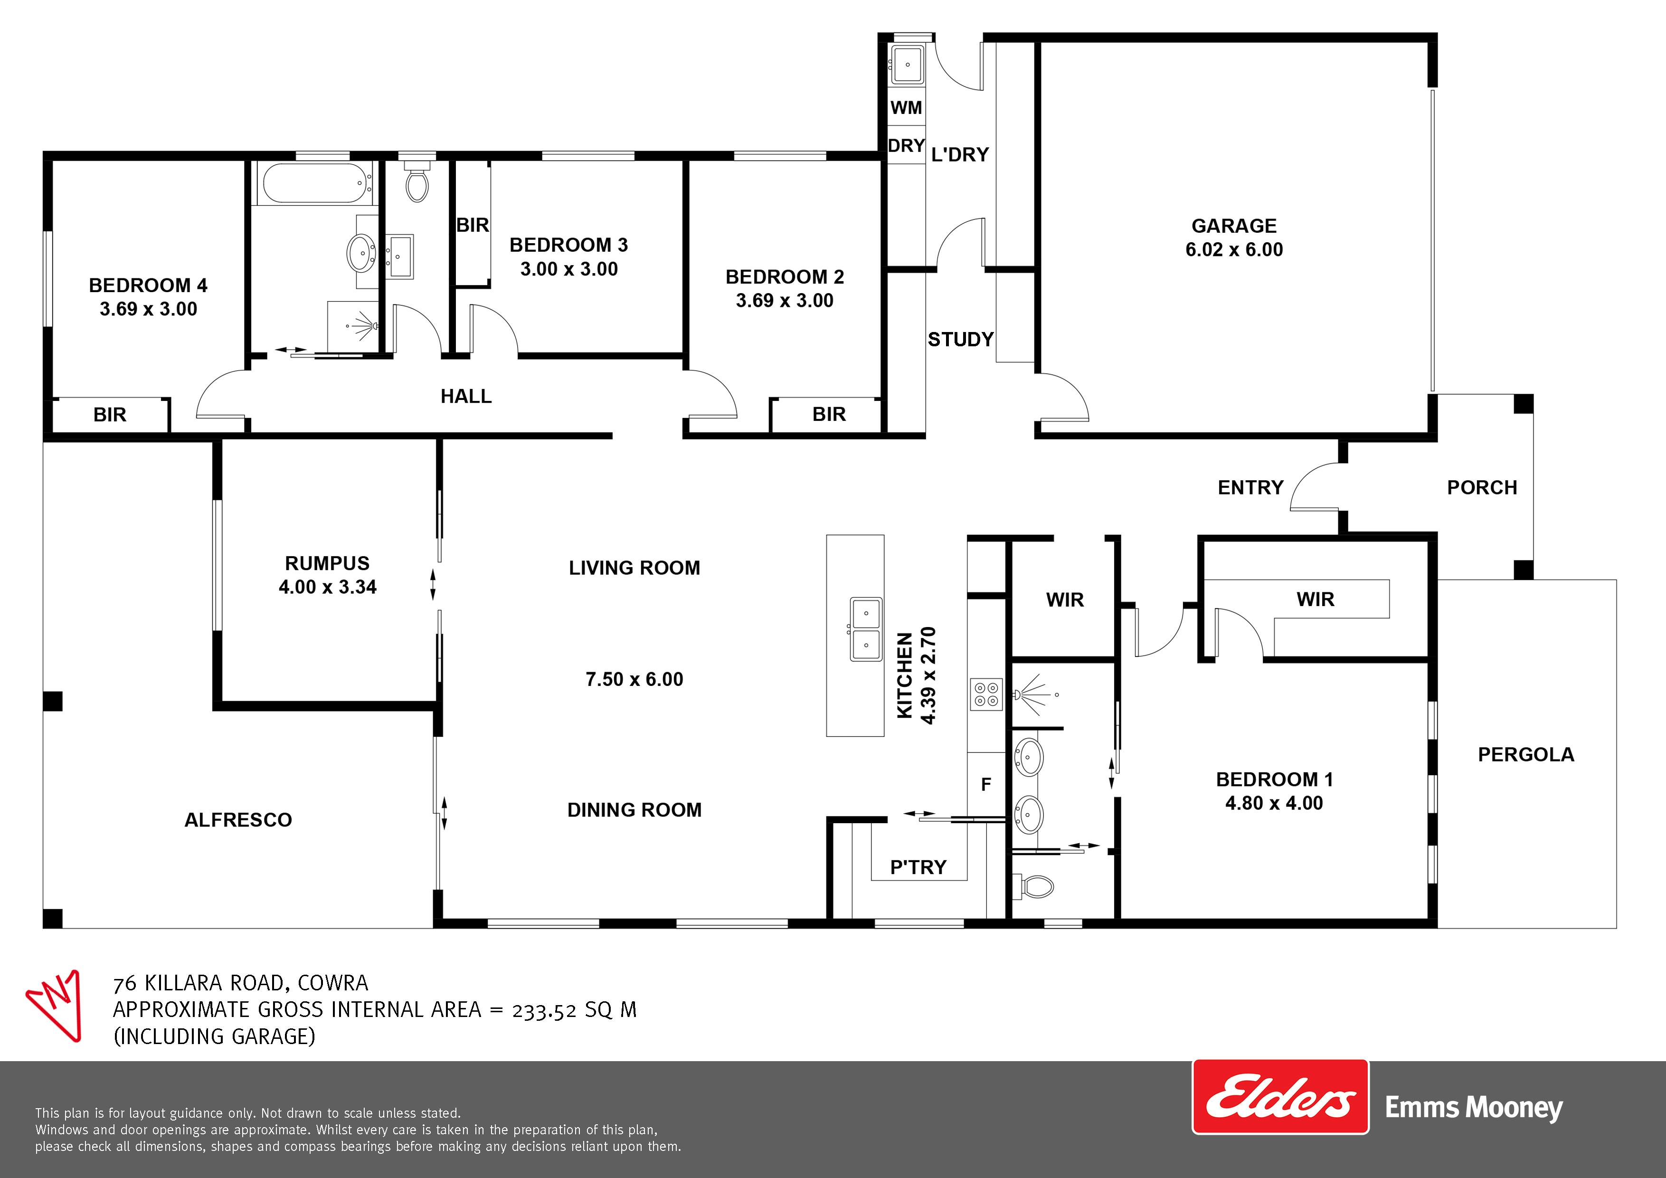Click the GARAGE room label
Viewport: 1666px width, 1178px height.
1233,226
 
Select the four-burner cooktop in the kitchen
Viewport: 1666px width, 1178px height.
986,694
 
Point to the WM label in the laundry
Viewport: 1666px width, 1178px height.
906,107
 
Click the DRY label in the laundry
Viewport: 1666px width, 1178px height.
906,146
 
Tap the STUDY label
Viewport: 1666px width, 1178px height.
961,339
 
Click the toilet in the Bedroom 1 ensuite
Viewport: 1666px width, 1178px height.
1034,885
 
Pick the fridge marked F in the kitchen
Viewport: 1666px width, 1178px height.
986,785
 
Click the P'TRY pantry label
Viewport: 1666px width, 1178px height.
918,867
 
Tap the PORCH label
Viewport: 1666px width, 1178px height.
1482,488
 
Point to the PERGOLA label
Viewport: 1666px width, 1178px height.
1526,755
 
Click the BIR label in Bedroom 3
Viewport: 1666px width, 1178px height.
473,225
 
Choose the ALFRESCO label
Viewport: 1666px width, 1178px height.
238,820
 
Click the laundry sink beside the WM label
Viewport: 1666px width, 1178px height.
907,64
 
